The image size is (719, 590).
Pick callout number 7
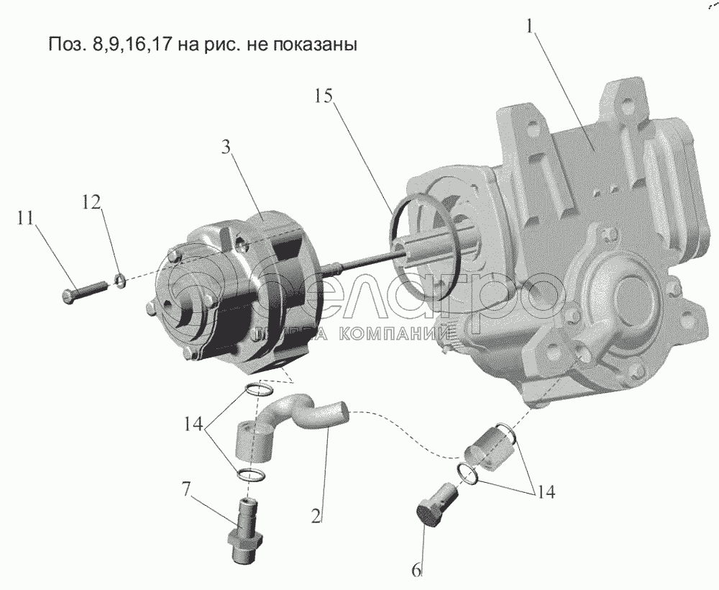[186, 491]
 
